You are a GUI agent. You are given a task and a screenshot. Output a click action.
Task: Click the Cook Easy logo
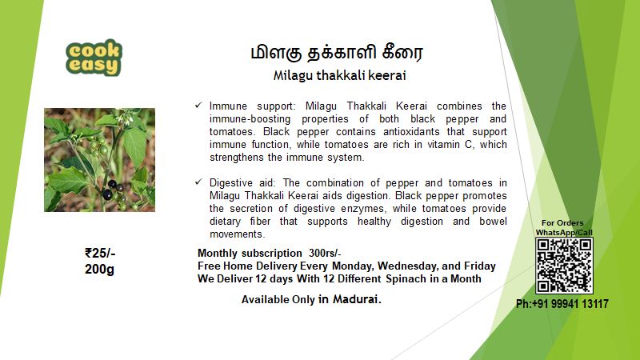(94, 58)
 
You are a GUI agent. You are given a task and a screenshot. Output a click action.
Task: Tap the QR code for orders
(564, 266)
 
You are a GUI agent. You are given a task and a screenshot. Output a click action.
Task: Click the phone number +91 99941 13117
(562, 304)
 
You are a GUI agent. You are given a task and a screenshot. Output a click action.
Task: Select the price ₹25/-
(100, 253)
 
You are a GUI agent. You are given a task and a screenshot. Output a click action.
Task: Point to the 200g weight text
(99, 269)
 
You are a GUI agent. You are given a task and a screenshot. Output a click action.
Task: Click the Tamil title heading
(337, 54)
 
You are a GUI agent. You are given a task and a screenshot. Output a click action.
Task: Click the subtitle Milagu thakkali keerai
(339, 76)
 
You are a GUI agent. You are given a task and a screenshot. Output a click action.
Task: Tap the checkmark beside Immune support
(198, 106)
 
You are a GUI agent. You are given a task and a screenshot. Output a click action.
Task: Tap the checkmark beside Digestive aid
(198, 182)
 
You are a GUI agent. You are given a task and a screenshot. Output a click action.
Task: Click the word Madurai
(357, 299)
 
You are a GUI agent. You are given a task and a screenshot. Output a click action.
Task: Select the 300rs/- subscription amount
(325, 253)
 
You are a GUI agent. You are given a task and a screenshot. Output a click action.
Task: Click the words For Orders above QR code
(562, 223)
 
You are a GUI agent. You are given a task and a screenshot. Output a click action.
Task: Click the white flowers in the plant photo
(125, 118)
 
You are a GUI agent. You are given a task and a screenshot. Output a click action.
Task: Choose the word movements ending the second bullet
(237, 234)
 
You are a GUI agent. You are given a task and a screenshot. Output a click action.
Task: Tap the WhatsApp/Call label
(564, 232)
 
